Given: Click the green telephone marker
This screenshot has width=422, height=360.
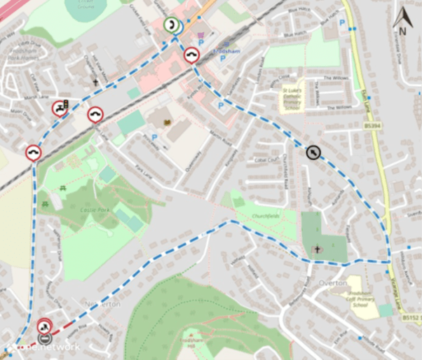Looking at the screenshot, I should click(171, 25).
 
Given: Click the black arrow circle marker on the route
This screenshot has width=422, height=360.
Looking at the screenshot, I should click(313, 151).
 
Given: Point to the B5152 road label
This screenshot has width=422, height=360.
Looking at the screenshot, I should click(409, 317).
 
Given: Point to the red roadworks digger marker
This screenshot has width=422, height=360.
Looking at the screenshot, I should click(44, 326).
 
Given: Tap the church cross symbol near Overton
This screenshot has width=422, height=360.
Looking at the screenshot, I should click(318, 249).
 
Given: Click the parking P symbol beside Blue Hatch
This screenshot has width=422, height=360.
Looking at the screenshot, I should click(341, 23).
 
